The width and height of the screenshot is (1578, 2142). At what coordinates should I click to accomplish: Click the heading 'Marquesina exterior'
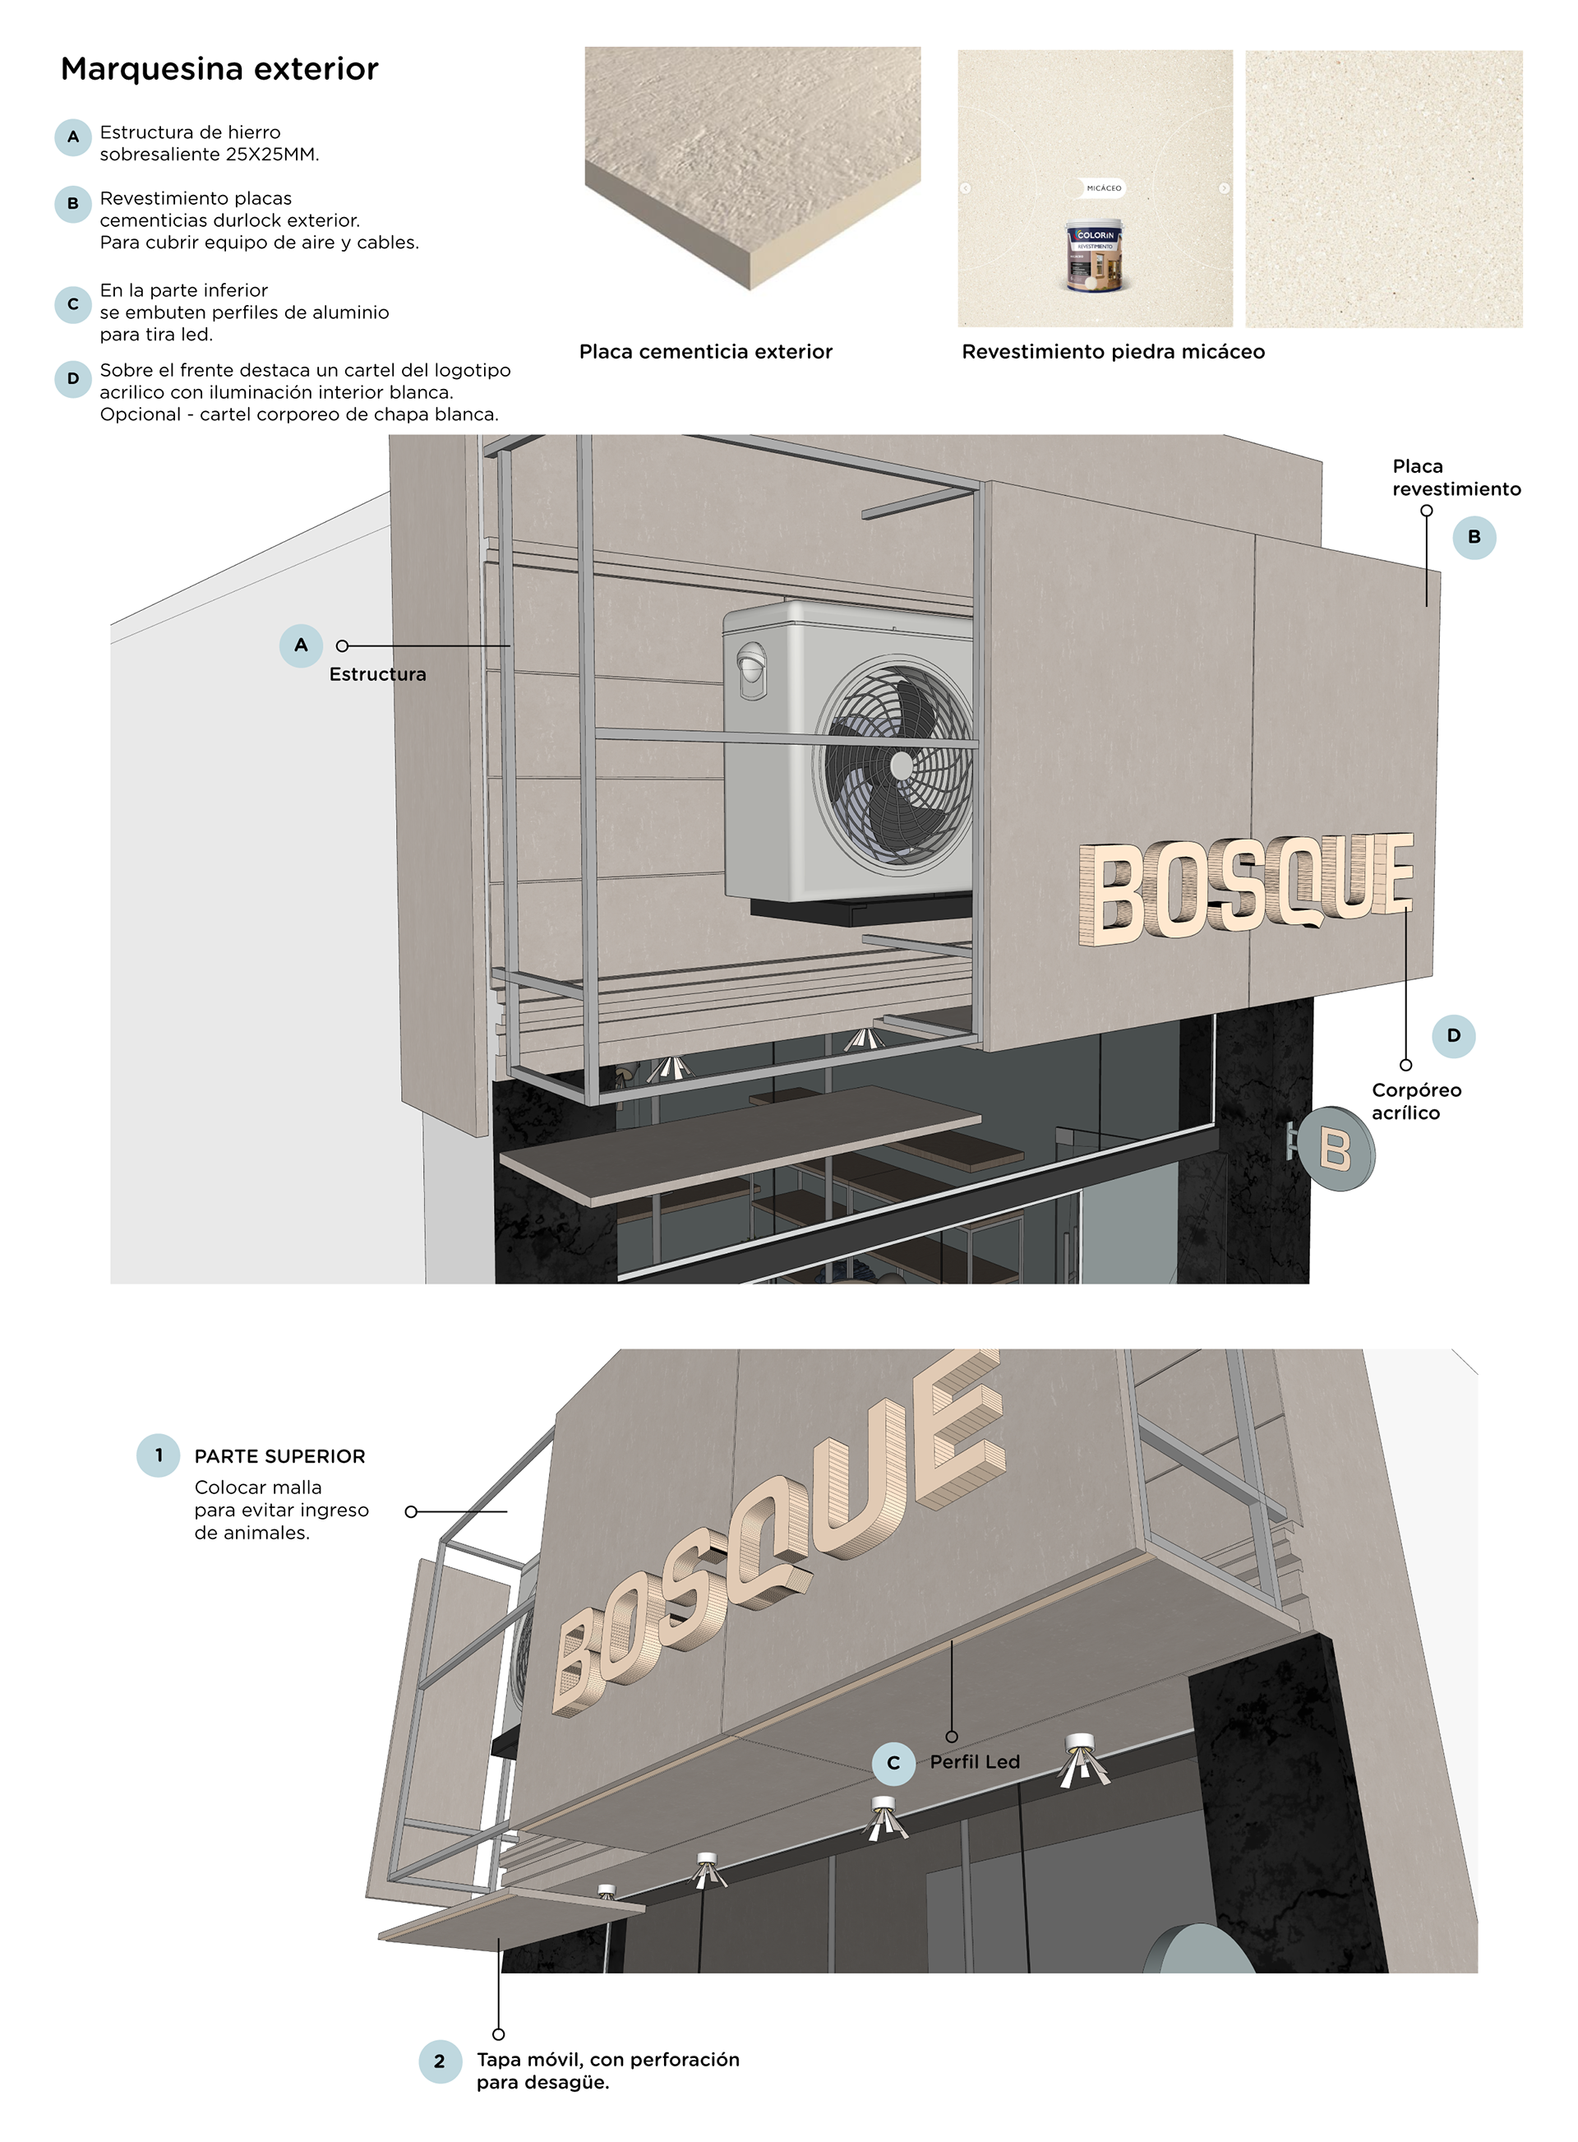pyautogui.click(x=219, y=69)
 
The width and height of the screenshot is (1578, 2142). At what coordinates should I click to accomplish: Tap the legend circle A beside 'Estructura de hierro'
pyautogui.click(x=72, y=137)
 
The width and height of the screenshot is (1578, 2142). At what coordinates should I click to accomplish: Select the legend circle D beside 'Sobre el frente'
pyautogui.click(x=72, y=379)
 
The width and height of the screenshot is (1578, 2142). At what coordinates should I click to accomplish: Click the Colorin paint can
pyautogui.click(x=1095, y=256)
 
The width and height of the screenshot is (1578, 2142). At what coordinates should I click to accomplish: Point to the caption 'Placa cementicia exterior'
pyautogui.click(x=705, y=352)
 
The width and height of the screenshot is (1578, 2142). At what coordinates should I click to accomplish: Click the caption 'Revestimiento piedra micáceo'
pyautogui.click(x=1113, y=352)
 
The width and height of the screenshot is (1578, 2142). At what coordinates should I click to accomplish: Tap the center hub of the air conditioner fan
pyautogui.click(x=901, y=766)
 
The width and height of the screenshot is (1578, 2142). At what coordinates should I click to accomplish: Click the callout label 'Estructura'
pyautogui.click(x=377, y=674)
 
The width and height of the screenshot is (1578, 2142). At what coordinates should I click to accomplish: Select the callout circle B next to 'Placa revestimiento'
pyautogui.click(x=1474, y=538)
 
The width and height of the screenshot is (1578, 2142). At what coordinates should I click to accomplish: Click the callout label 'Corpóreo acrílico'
pyautogui.click(x=1415, y=1102)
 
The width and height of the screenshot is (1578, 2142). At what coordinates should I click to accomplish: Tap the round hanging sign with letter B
pyautogui.click(x=1335, y=1149)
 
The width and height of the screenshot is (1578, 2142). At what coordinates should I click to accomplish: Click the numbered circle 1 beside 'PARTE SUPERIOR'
pyautogui.click(x=159, y=1456)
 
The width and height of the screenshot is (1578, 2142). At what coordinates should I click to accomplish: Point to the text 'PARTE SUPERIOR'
pyautogui.click(x=280, y=1457)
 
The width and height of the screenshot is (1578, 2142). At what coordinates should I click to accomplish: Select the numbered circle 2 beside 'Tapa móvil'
pyautogui.click(x=440, y=2061)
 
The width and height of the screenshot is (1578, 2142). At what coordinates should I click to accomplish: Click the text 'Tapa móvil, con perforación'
pyautogui.click(x=607, y=2060)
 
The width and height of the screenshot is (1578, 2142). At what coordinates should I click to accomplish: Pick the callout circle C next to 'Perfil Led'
pyautogui.click(x=893, y=1763)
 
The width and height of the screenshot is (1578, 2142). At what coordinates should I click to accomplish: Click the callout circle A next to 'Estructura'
pyautogui.click(x=301, y=645)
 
